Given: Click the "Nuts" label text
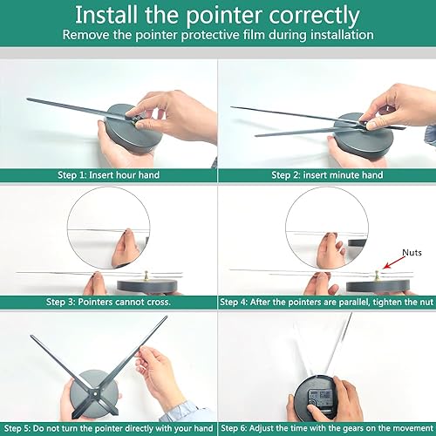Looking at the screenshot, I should coord(412,253).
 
